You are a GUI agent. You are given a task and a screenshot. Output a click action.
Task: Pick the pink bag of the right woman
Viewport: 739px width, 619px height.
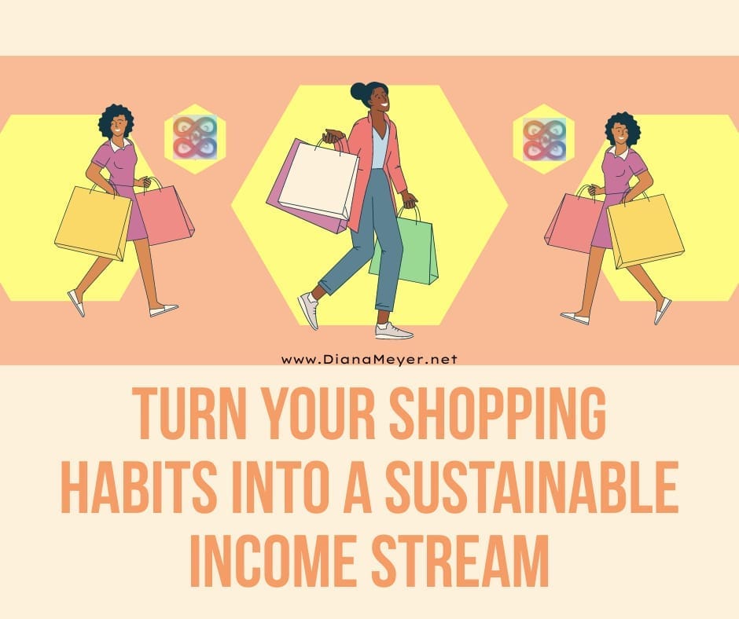click(x=574, y=222)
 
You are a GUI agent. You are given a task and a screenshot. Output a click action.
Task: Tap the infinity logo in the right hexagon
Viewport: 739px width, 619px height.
click(x=545, y=140)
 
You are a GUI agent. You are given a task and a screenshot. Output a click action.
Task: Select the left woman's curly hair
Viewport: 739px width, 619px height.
click(x=116, y=118)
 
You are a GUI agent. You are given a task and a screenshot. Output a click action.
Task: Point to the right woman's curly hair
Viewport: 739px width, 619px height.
click(x=622, y=125)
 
